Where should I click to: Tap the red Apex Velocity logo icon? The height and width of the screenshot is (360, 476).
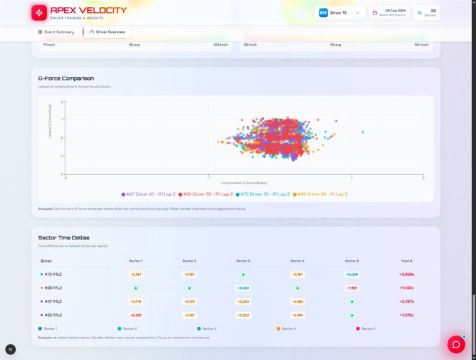[x=39, y=13]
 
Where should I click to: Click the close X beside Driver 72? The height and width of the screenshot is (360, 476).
[x=358, y=13]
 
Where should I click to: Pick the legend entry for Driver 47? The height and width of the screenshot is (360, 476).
[x=149, y=195]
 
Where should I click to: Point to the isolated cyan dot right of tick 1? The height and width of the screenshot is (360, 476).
[x=363, y=133]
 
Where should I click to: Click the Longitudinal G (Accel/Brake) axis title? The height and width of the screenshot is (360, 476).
[x=244, y=183]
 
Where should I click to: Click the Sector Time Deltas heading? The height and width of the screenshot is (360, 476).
[x=64, y=238]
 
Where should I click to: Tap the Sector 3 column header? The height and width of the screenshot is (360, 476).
[x=243, y=261]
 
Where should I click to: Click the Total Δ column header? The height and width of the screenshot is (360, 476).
[x=406, y=261]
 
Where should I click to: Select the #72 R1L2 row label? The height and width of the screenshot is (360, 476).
[x=53, y=275]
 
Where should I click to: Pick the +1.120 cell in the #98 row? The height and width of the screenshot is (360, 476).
[x=352, y=288]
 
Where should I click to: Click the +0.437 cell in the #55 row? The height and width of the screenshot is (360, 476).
[x=136, y=315]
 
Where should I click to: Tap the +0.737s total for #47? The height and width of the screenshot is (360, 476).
[x=406, y=302]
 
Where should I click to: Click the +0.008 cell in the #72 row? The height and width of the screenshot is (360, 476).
[x=352, y=275]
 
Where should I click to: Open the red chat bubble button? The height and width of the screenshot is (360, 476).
[x=456, y=344]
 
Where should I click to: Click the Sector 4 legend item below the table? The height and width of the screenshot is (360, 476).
[x=289, y=329]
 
